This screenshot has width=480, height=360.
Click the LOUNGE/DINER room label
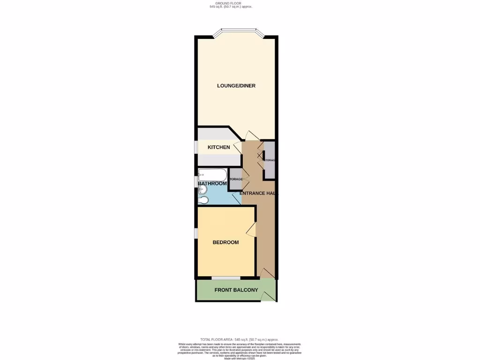point(236,86)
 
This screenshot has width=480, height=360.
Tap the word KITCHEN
point(219,147)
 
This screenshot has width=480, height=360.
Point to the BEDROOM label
point(225,242)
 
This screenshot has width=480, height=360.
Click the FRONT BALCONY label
point(236,290)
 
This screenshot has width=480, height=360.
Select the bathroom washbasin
point(202,189)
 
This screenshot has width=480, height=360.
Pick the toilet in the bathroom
point(203,201)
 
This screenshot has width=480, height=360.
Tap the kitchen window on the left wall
point(196,146)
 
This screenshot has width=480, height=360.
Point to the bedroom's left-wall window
point(196,232)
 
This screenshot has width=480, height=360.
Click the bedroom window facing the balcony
point(226,278)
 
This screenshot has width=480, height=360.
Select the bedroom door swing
point(251,229)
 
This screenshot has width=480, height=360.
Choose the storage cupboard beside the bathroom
point(235,179)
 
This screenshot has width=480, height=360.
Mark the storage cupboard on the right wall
point(270,160)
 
